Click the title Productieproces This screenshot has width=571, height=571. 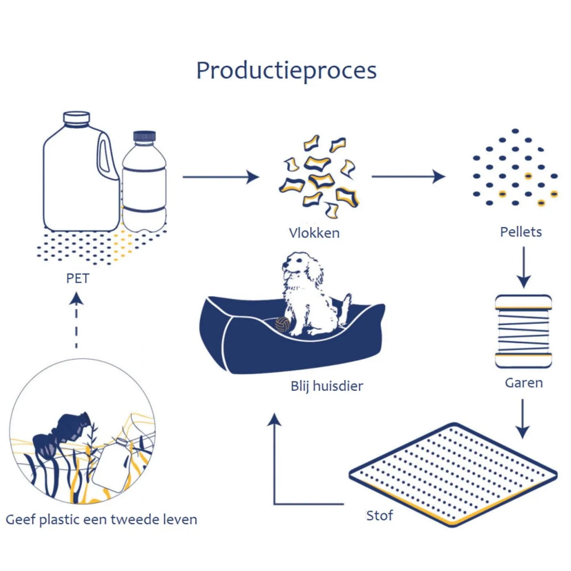(x=286, y=71)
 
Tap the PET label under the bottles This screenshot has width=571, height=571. (x=78, y=278)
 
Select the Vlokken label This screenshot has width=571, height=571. (x=314, y=233)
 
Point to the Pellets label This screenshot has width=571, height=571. (x=521, y=232)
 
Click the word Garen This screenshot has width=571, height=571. (x=524, y=382)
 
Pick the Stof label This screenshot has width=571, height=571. (x=379, y=515)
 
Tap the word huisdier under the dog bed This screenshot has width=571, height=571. (x=338, y=386)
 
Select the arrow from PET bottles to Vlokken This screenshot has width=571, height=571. (x=221, y=177)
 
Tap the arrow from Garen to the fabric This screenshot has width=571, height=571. (x=523, y=418)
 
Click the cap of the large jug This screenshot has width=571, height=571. (x=77, y=117)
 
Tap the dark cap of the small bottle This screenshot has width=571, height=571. (x=144, y=136)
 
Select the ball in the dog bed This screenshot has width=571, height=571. (x=282, y=324)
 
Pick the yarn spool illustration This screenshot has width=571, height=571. (x=523, y=331)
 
